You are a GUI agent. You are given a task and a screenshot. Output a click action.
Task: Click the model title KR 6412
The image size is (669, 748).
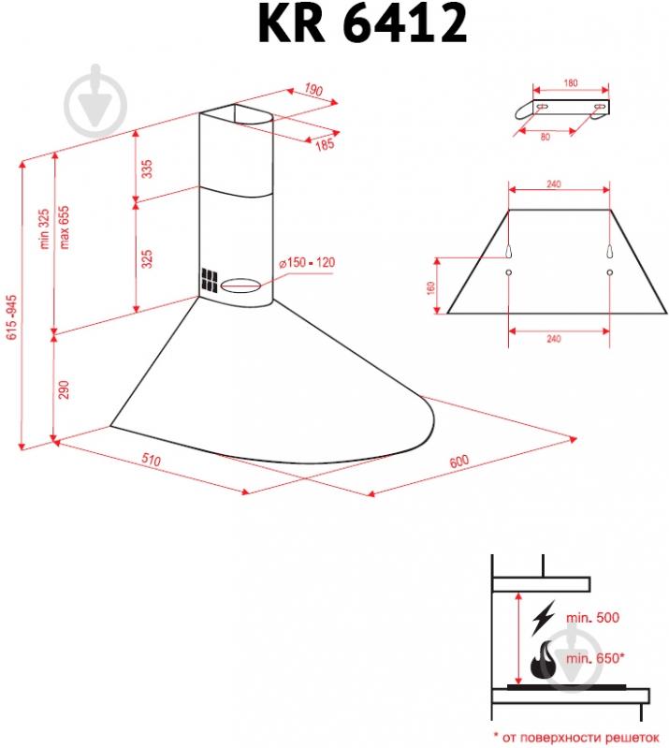(361, 26)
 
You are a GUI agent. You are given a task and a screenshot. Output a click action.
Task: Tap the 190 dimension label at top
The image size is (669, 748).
(313, 91)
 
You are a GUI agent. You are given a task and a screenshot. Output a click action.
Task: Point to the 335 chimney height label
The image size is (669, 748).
(147, 169)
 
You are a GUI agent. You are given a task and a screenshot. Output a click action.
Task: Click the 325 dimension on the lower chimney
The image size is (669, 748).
(147, 259)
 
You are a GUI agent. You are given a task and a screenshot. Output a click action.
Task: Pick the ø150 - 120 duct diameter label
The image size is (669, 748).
(306, 262)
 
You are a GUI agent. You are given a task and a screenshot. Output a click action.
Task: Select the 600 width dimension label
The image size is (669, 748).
(458, 462)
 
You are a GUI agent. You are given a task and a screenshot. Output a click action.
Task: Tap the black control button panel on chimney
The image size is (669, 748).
(208, 282)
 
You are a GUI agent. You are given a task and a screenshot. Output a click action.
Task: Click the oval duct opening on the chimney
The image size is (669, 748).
(242, 282)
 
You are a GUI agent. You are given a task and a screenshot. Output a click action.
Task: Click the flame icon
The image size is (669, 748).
(542, 663)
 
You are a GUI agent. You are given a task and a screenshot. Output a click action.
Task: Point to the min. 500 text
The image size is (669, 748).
(593, 618)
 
